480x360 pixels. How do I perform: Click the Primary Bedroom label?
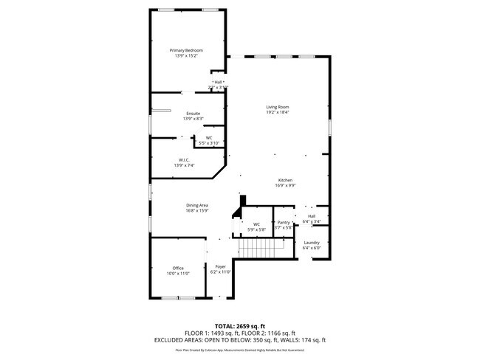(186, 50)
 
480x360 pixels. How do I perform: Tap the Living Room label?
(278, 107)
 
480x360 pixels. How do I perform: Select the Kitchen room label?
(286, 181)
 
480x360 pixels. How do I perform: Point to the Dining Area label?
(196, 205)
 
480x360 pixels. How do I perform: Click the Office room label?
(178, 268)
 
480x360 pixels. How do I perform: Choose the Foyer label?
(220, 266)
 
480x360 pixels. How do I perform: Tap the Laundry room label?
(311, 243)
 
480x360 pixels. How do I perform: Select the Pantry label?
(284, 222)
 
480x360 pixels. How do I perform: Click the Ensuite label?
(193, 113)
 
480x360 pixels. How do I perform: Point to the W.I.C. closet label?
(184, 160)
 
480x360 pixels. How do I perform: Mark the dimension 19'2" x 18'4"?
(278, 112)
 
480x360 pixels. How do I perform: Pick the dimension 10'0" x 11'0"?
(178, 273)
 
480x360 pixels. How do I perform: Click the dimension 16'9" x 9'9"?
(286, 186)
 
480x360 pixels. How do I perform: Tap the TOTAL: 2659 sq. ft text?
(240, 325)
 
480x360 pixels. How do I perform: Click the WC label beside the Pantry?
(256, 224)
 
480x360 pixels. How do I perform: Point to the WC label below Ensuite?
(209, 137)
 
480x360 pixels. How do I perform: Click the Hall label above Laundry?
(311, 216)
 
